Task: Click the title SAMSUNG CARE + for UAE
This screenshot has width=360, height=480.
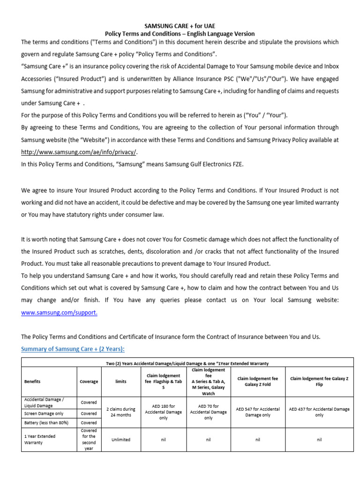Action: coord(180,25)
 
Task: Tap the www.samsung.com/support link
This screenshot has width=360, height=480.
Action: coord(59,313)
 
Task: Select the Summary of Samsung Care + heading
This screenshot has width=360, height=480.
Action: coord(73,349)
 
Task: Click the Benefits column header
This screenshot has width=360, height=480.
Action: coord(33,382)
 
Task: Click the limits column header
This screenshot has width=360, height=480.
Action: coord(120,382)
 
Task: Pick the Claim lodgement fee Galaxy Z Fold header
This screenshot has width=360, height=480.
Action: coord(257,382)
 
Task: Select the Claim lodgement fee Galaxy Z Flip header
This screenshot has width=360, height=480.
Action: coord(319,382)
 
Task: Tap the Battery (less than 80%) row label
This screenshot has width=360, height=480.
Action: coord(47,423)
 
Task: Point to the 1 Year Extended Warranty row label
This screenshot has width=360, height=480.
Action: coord(40,439)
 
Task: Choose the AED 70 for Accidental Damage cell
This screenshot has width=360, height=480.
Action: coord(209,409)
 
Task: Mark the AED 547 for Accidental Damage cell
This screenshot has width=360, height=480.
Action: coord(257,412)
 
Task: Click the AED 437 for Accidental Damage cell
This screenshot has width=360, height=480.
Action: coord(319,412)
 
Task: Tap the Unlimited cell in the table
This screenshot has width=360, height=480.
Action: coord(120,440)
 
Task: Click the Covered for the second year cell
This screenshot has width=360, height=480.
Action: coord(89,439)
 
